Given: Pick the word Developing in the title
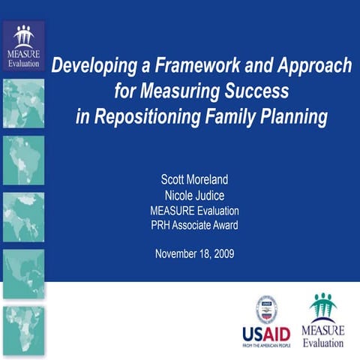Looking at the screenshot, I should coord(94,65).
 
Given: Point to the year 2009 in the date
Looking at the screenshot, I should coord(223,253).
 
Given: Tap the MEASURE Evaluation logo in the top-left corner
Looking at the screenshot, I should coord(22,45).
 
